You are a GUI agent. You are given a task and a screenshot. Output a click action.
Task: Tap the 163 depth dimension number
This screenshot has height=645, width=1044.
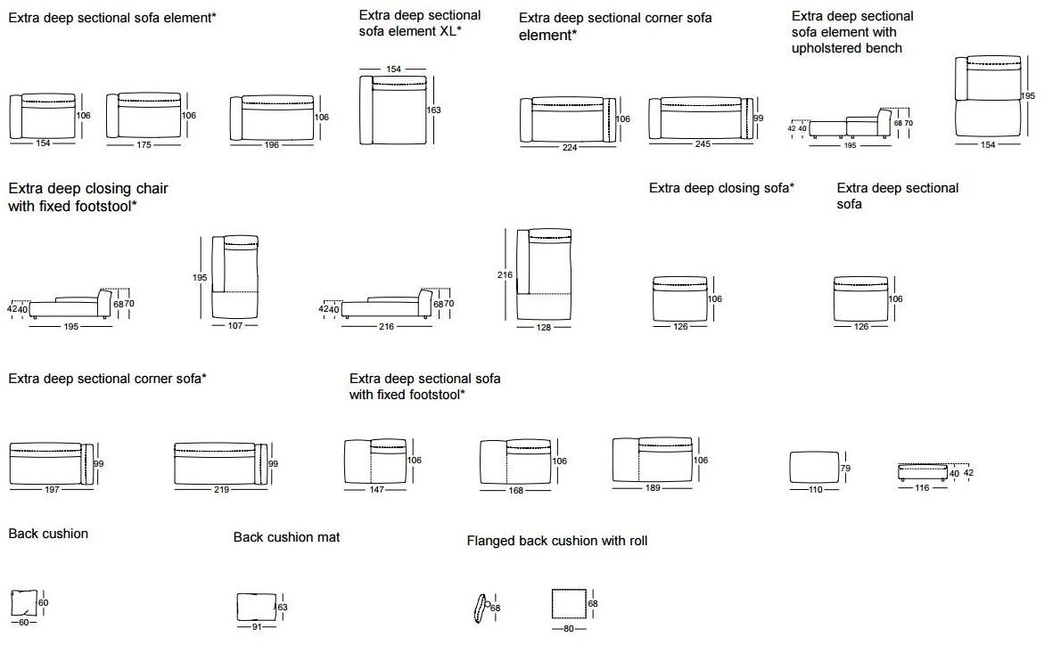click(434, 110)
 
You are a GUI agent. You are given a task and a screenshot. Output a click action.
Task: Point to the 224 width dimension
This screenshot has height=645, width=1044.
click(571, 148)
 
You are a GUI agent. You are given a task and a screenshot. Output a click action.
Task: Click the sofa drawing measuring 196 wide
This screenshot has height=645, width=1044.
click(271, 117)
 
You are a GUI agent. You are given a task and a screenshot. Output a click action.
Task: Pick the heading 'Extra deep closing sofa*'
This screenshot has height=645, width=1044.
click(721, 188)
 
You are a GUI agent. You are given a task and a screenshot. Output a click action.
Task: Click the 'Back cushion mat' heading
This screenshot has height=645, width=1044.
click(286, 537)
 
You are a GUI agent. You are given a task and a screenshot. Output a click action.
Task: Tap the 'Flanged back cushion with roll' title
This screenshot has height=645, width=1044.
click(557, 541)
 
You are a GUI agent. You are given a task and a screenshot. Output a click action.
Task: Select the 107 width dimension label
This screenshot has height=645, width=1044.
click(236, 326)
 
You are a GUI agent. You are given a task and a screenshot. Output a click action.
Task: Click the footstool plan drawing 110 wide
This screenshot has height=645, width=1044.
click(813, 469)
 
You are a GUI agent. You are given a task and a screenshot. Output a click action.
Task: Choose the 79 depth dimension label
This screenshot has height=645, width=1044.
click(846, 469)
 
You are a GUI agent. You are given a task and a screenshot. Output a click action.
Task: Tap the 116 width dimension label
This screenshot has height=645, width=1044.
click(922, 488)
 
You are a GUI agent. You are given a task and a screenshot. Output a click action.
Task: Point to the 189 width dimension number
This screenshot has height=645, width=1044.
click(651, 488)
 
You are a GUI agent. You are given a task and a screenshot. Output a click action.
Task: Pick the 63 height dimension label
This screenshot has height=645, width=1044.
click(284, 608)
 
